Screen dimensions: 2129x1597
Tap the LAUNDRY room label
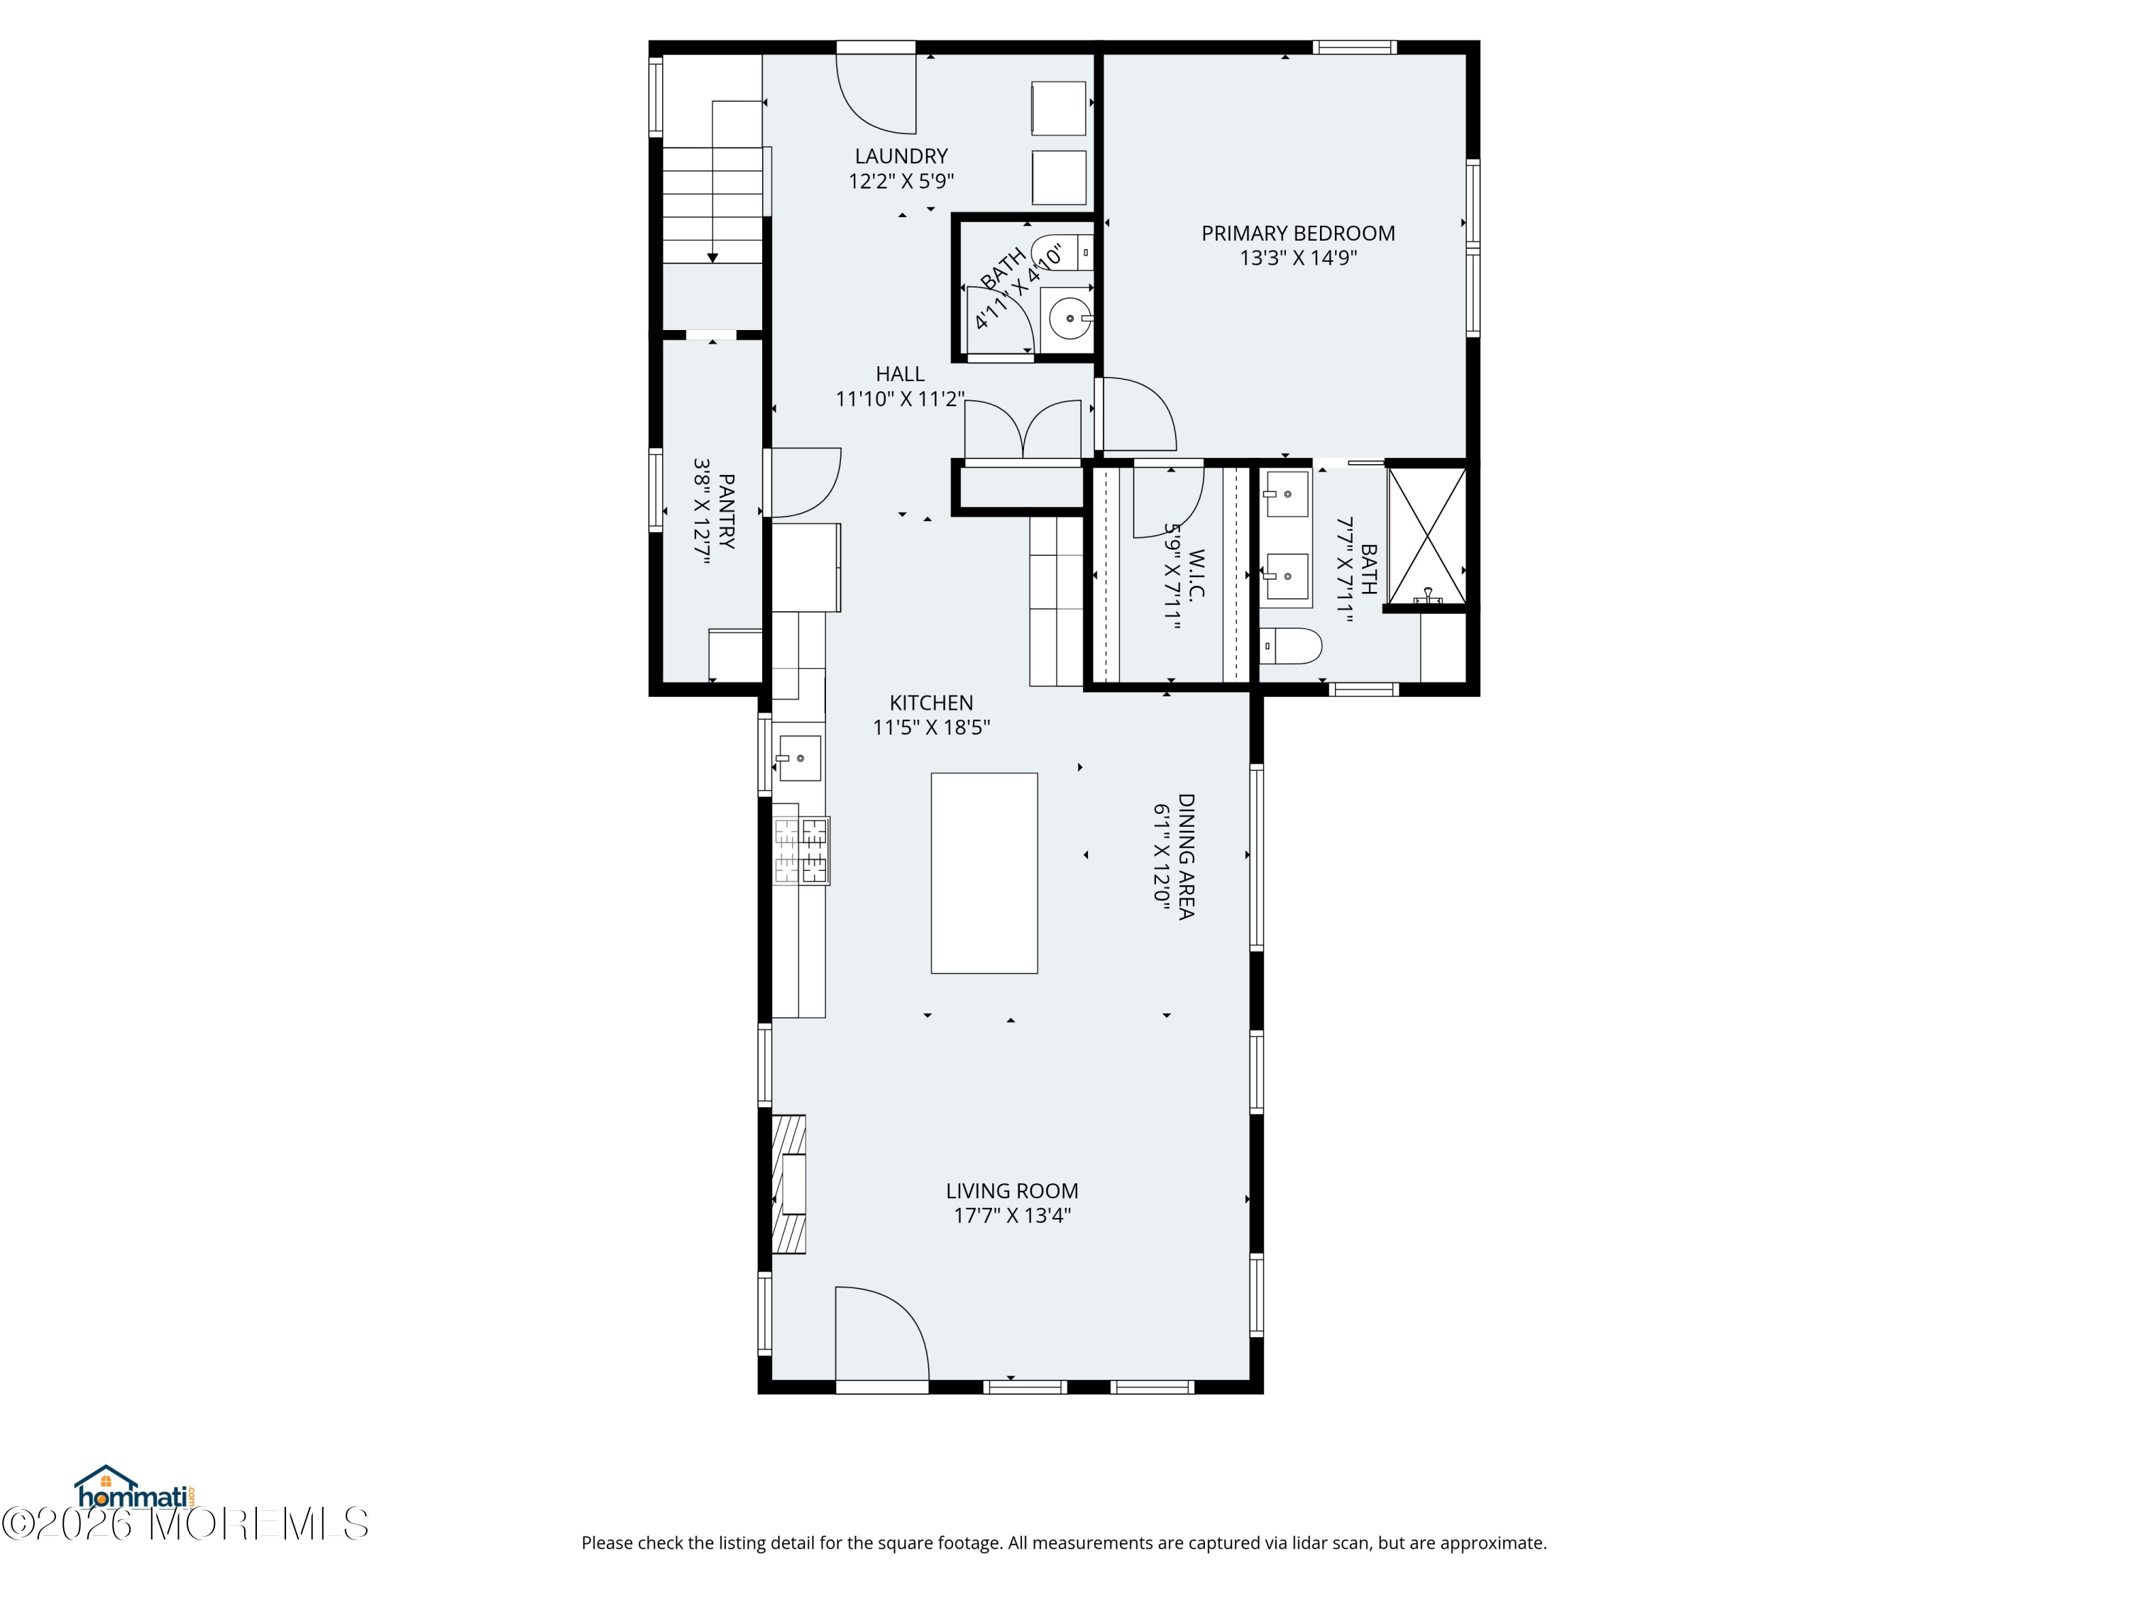[901, 156]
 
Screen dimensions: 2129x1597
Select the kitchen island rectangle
[984, 873]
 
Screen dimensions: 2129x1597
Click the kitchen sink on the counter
[799, 757]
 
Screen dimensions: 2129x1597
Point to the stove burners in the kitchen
[801, 850]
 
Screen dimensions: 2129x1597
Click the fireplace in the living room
[788, 1184]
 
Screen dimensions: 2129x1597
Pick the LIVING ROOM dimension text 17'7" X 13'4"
[1011, 1215]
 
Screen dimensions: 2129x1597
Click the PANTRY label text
[727, 511]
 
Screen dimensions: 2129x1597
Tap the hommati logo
[136, 1489]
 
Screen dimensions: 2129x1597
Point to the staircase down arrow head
[713, 257]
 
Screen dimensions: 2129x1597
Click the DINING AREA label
[1186, 856]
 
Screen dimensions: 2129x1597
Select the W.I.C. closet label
[1196, 575]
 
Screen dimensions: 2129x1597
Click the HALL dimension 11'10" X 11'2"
[900, 398]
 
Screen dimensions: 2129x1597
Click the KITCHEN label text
[930, 703]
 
